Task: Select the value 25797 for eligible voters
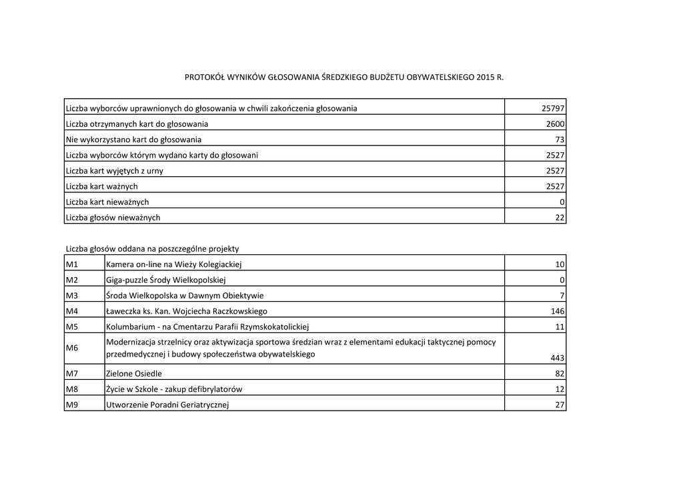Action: pos(553,108)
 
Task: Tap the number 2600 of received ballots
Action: pos(555,124)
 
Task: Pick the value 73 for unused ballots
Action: pos(560,140)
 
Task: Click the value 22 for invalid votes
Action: pos(560,218)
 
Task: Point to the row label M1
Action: pos(72,264)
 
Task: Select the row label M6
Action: pos(72,348)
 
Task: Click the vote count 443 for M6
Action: pos(557,358)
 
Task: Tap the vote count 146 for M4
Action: pos(558,311)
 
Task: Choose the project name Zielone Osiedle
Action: pos(134,374)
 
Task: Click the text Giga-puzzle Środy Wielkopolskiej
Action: pos(166,280)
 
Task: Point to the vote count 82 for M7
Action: pos(560,374)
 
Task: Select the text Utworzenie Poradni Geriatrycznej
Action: pos(167,405)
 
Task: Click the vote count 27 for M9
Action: pos(560,405)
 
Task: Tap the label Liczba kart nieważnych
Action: pos(107,202)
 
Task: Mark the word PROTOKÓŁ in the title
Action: pos(203,78)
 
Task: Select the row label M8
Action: pos(72,389)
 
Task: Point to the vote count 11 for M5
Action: pos(560,327)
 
